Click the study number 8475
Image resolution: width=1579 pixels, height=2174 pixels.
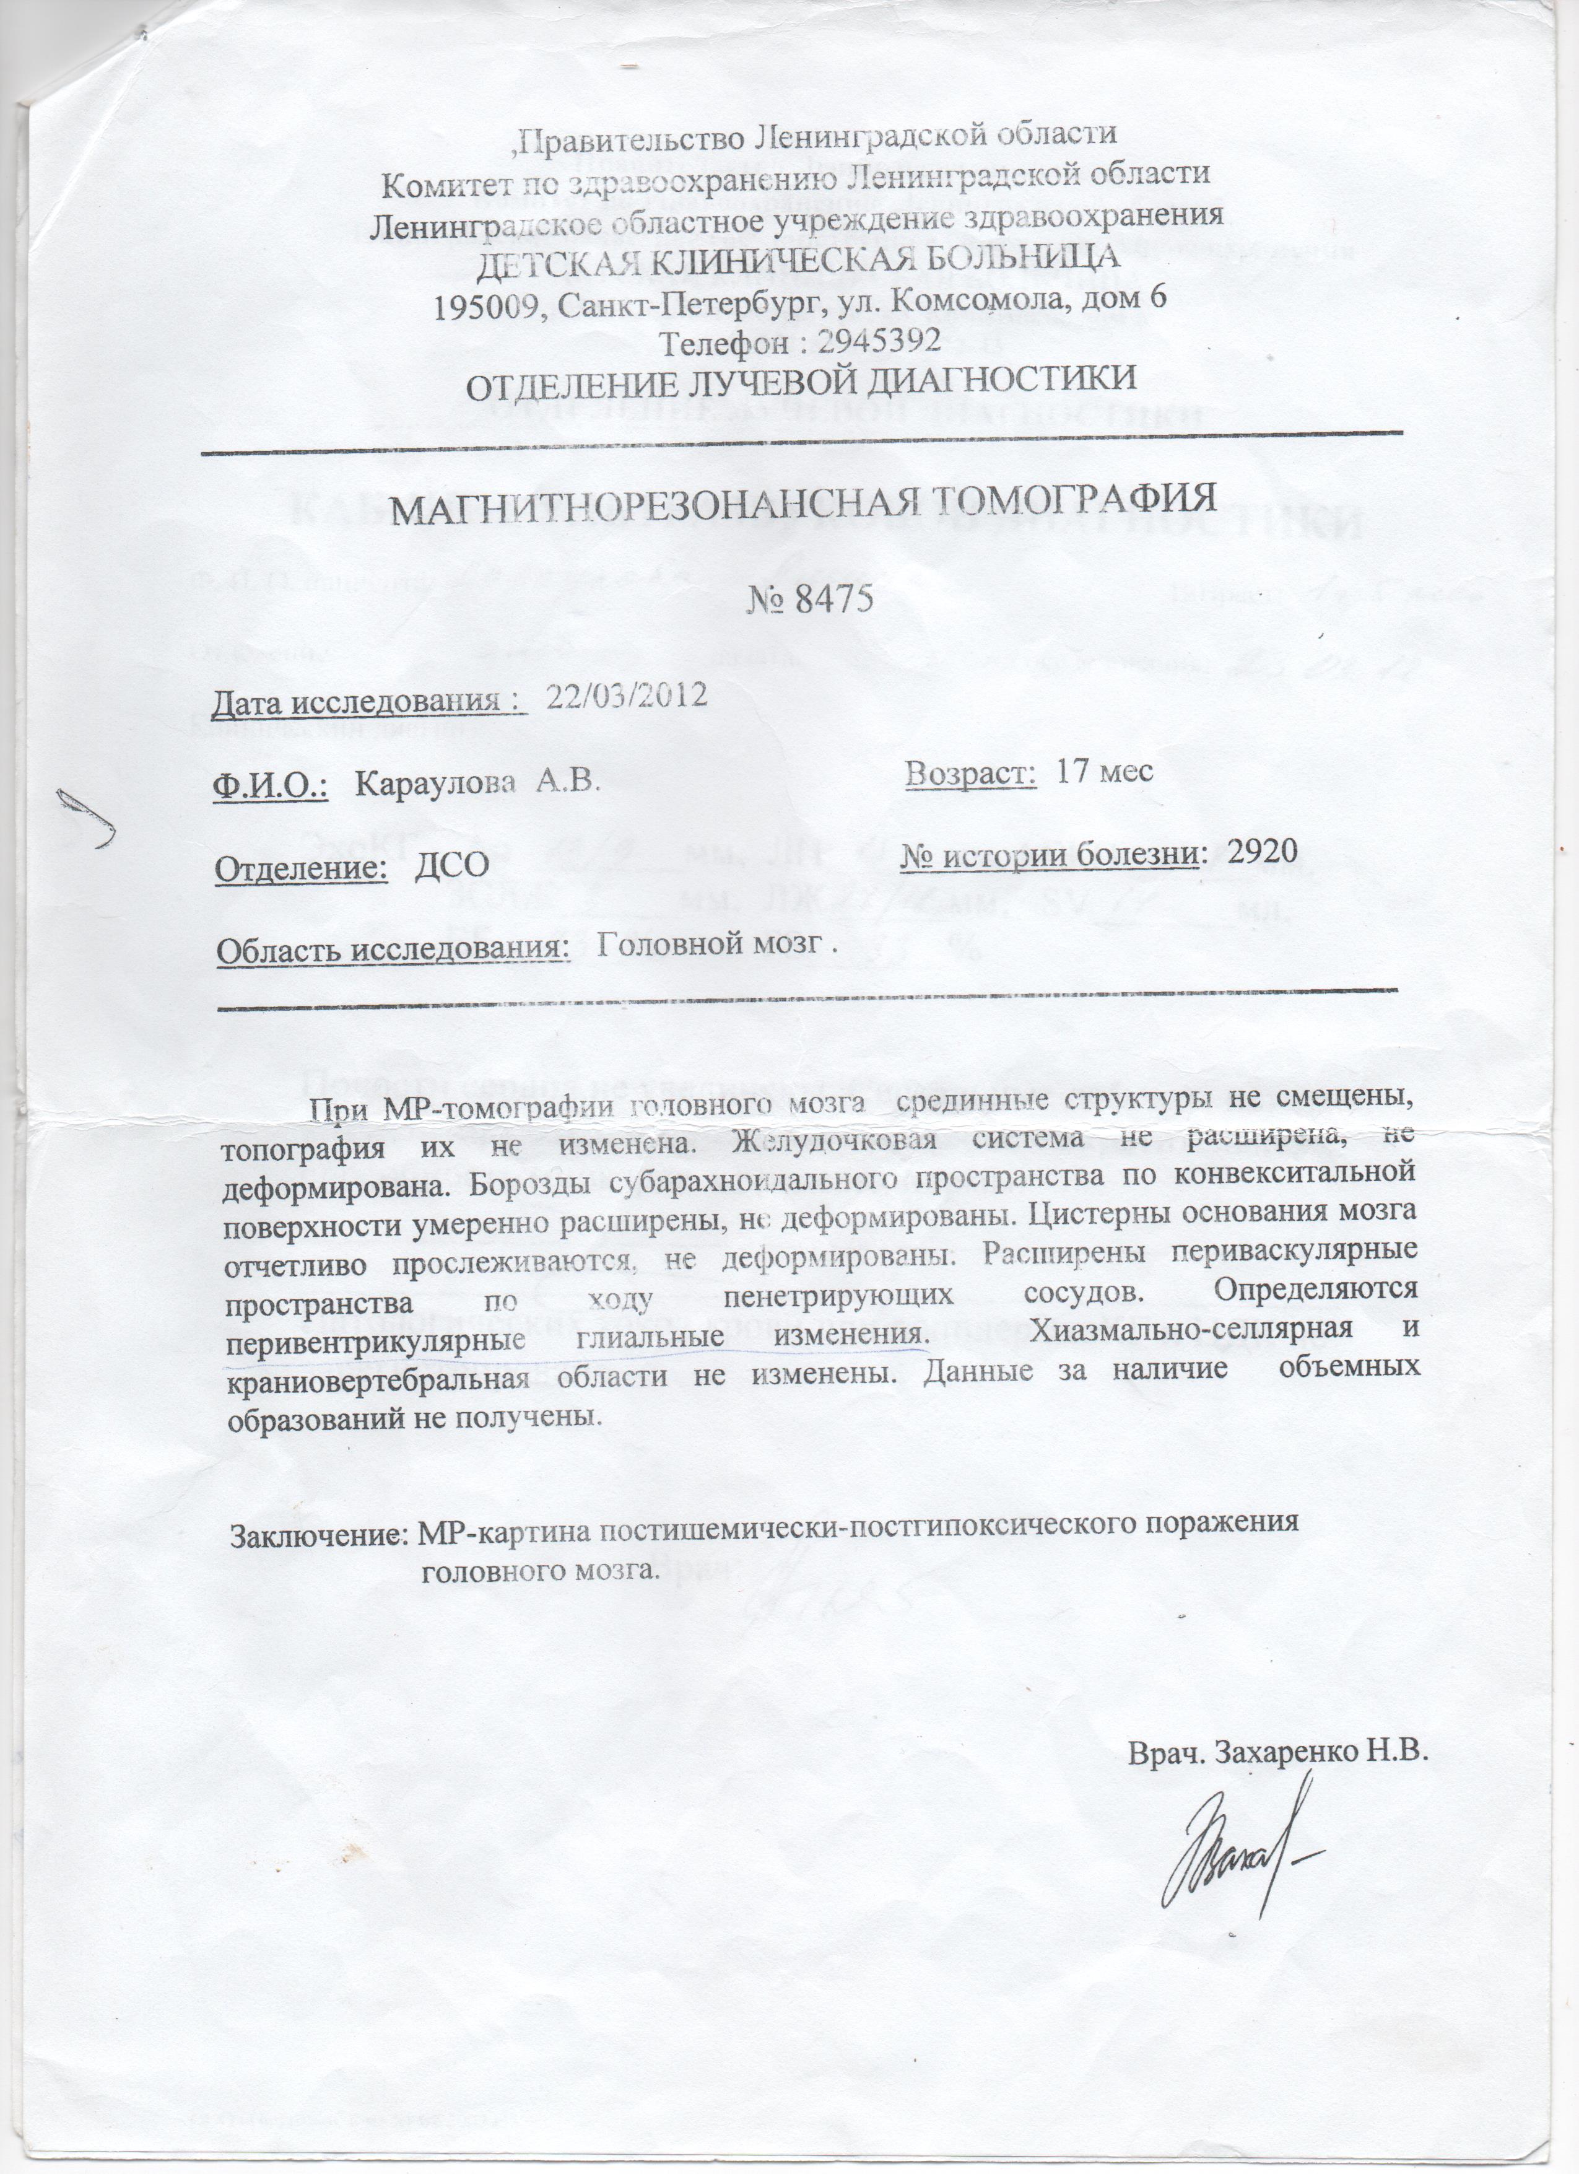coord(827,601)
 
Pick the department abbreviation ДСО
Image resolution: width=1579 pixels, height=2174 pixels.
coord(451,866)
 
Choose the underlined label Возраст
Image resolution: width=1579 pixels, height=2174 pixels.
coord(970,772)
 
